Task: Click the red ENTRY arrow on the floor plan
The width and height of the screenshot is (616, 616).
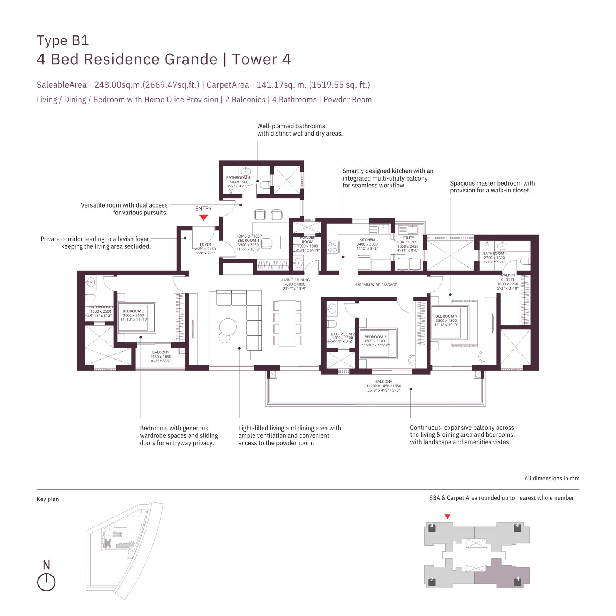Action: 203,218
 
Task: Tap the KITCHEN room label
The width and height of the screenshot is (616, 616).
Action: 367,240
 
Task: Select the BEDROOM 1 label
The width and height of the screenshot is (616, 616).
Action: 446,316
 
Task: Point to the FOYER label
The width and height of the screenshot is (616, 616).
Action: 205,244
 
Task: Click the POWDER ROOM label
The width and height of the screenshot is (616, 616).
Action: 307,239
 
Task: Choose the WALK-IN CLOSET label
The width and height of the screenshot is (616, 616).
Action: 507,278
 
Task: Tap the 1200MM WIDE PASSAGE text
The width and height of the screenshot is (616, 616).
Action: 376,285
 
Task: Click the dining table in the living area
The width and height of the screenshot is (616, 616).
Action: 288,323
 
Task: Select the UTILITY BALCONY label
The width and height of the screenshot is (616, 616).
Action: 408,240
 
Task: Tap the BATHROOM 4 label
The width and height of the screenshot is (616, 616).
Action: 238,178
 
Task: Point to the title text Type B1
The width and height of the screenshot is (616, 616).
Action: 63,40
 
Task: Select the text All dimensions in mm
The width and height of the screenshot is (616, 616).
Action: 551,479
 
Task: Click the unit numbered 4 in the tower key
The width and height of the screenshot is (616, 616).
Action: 517,527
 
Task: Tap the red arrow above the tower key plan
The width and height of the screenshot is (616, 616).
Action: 447,517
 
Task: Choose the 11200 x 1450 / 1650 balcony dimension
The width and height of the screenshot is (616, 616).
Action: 383,386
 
